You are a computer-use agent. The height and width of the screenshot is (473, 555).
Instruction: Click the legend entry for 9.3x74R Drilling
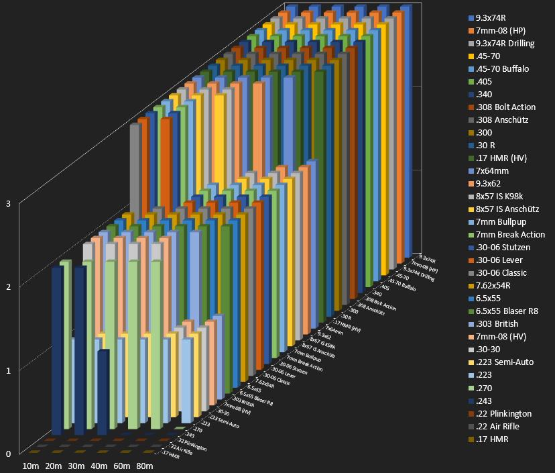505,44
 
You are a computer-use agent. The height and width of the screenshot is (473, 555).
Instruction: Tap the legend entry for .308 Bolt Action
505,107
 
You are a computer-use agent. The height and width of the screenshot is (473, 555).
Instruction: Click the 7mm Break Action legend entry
510,235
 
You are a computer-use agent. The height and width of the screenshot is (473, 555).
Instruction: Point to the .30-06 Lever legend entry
499,260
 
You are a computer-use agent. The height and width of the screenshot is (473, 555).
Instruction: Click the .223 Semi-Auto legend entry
503,362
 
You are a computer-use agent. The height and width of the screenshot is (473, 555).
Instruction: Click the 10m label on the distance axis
31,466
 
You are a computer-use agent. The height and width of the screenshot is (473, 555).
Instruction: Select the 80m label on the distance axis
144,466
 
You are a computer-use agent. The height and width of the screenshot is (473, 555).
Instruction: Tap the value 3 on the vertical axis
8,203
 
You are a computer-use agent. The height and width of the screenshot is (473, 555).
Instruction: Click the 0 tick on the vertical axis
8,454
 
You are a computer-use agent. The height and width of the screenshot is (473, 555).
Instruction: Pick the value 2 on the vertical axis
8,286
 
